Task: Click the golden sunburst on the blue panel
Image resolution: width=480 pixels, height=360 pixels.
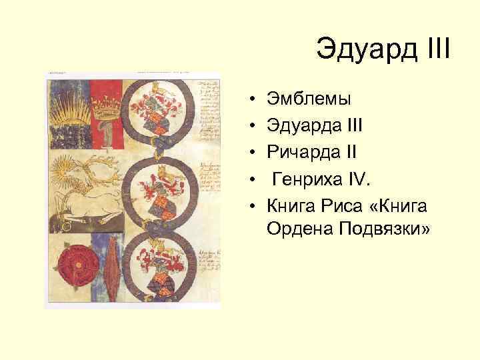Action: click(x=67, y=107)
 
